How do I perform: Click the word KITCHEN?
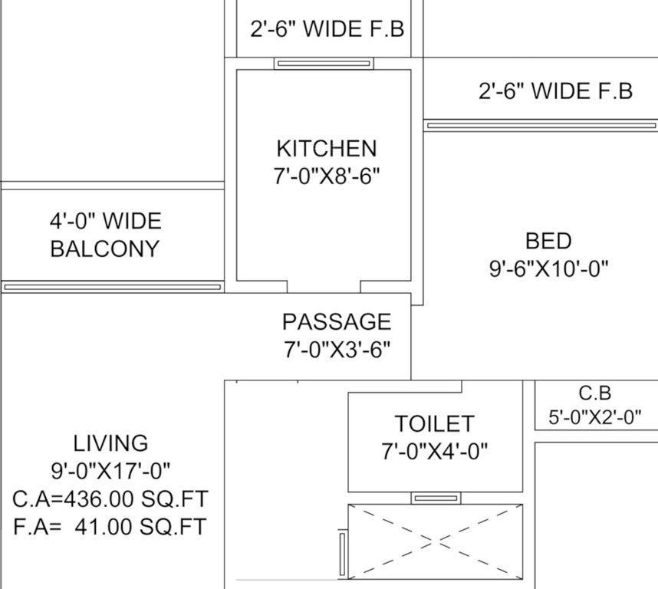click(x=326, y=148)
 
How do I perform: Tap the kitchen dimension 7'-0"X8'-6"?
click(x=326, y=176)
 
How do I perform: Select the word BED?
click(x=548, y=241)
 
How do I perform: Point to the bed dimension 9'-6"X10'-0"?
click(x=548, y=268)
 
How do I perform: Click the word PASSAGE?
click(x=337, y=321)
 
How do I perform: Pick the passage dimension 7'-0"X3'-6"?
click(x=337, y=350)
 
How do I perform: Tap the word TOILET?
click(x=434, y=423)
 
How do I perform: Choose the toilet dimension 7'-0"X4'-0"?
click(x=434, y=451)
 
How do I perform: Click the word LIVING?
click(x=110, y=443)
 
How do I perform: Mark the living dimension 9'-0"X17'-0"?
click(x=110, y=470)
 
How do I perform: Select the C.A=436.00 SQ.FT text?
click(x=110, y=499)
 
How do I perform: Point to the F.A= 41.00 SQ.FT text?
click(x=110, y=527)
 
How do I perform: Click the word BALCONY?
click(x=105, y=248)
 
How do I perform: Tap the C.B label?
click(x=594, y=393)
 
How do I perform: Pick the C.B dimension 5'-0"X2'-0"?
click(x=594, y=418)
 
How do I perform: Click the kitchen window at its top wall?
click(x=324, y=64)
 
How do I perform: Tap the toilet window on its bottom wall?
click(x=436, y=499)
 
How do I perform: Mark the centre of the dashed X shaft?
click(x=436, y=541)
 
